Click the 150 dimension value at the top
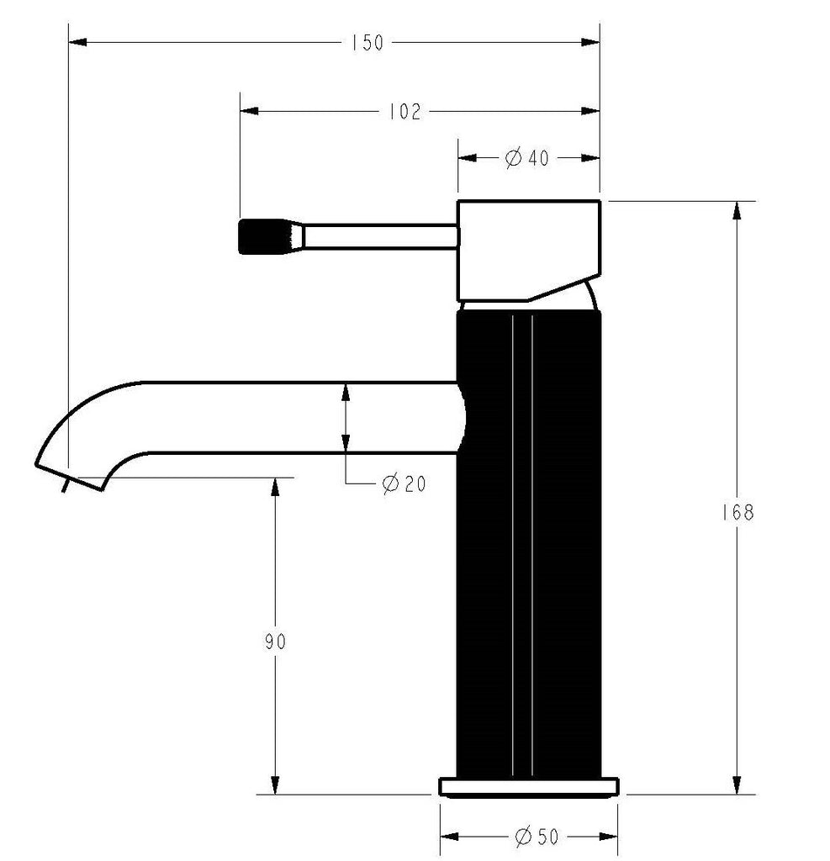pyautogui.click(x=367, y=42)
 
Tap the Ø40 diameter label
pyautogui.click(x=527, y=157)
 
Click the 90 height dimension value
pyautogui.click(x=275, y=642)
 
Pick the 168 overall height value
pyautogui.click(x=737, y=512)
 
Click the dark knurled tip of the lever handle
pyautogui.click(x=261, y=236)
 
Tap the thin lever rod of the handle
pyautogui.click(x=378, y=236)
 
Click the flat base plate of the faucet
pyautogui.click(x=529, y=787)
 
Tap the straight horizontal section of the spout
pyautogui.click(x=294, y=418)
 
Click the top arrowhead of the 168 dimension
pyautogui.click(x=737, y=211)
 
